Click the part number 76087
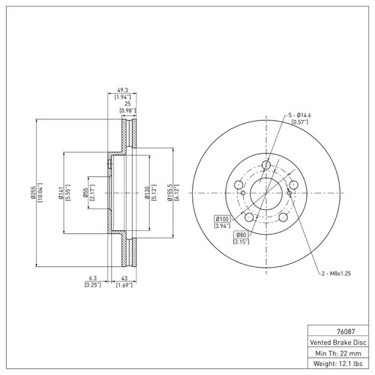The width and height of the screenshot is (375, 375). (346, 331)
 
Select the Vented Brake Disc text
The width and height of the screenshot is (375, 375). (338, 342)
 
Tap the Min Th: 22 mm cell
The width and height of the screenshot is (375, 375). (338, 353)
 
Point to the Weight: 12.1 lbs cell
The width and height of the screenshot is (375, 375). (338, 364)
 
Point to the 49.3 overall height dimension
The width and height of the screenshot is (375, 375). (122, 90)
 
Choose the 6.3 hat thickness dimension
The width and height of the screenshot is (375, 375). (92, 278)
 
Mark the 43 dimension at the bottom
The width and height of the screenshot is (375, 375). (124, 278)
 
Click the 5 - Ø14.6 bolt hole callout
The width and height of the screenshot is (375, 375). (299, 115)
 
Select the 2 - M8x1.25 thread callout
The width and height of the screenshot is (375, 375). (336, 274)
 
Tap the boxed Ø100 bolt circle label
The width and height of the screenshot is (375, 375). (222, 219)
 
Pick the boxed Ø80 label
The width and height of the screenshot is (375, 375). (241, 235)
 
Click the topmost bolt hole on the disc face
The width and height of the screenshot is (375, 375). (266, 165)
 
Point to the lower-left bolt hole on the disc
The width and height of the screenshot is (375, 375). (249, 217)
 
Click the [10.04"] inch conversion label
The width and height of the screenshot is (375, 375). (40, 193)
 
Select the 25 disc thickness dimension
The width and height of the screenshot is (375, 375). (127, 103)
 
